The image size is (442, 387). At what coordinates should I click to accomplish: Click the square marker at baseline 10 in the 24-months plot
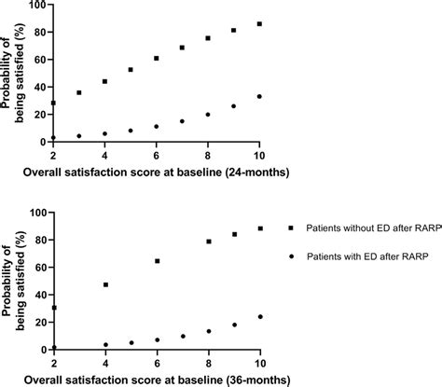(259, 23)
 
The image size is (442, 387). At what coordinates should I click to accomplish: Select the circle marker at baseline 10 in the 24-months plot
(259, 96)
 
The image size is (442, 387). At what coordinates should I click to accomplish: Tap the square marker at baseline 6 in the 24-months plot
(156, 58)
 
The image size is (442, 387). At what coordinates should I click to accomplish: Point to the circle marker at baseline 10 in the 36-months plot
(259, 316)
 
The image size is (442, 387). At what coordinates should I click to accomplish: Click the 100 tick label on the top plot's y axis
(35, 6)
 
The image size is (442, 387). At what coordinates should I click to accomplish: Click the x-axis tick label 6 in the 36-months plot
(157, 364)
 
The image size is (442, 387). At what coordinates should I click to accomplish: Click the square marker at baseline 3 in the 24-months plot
(79, 92)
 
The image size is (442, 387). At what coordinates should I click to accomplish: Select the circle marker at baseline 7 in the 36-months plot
(183, 336)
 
